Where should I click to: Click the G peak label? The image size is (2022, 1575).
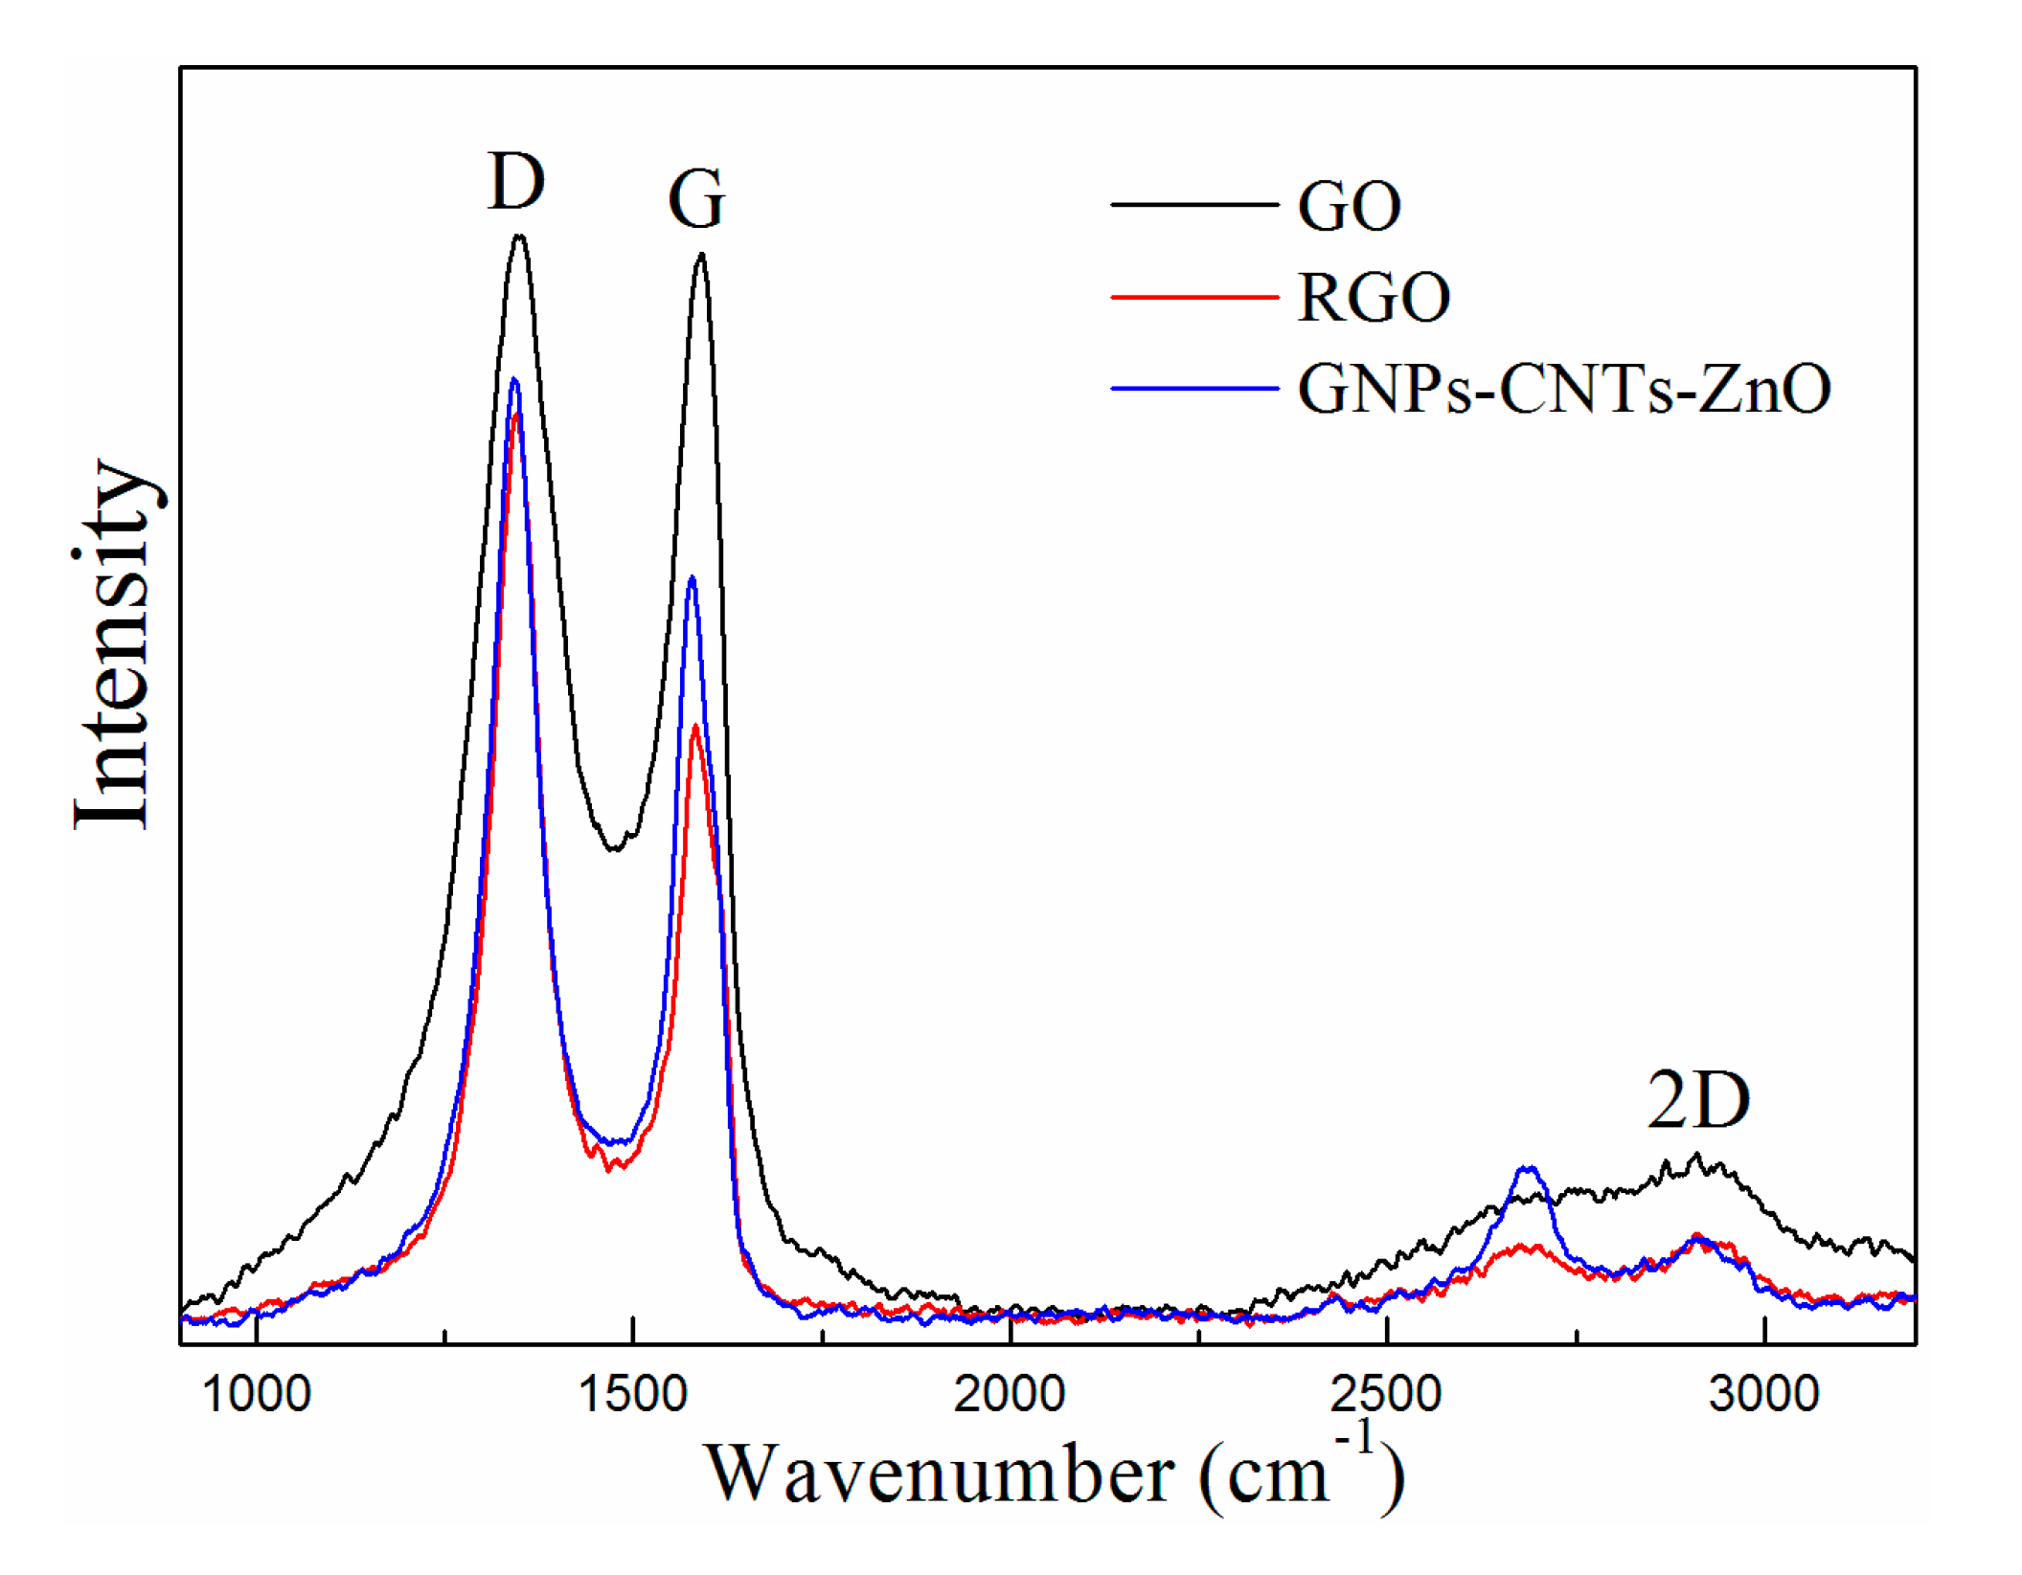click(x=696, y=200)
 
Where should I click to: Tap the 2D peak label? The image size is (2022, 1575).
click(x=1698, y=1102)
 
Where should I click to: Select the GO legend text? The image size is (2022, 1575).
click(x=1350, y=206)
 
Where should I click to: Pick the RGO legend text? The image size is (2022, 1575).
click(x=1374, y=298)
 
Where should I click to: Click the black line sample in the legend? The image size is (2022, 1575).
click(x=1194, y=205)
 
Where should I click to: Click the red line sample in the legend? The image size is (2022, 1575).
click(x=1194, y=298)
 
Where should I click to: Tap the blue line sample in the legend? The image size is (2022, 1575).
click(x=1194, y=389)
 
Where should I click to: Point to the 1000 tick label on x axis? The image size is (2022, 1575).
click(x=257, y=1395)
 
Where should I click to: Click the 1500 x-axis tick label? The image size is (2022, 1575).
click(x=633, y=1395)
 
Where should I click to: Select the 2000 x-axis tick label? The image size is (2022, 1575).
click(x=1010, y=1395)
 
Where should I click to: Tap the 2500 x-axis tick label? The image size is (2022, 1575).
click(x=1386, y=1395)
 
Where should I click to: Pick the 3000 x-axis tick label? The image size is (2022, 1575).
click(x=1763, y=1395)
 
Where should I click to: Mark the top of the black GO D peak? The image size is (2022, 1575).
click(x=520, y=236)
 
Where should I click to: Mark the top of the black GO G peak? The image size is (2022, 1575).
click(x=702, y=255)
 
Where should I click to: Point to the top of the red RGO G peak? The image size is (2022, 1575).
click(x=695, y=726)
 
